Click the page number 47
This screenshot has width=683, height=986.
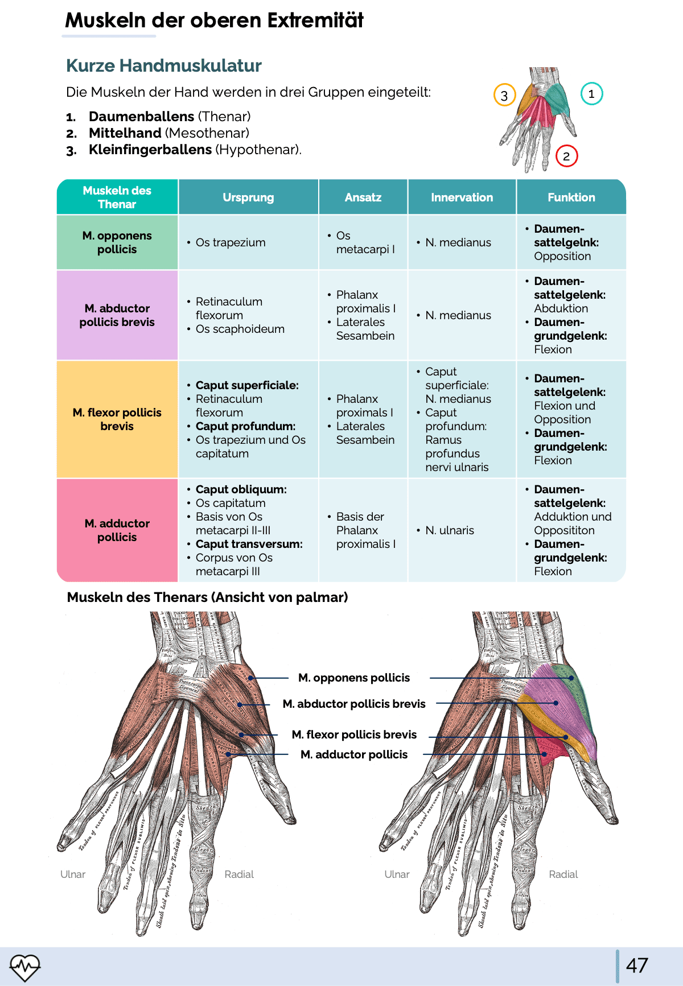[637, 966]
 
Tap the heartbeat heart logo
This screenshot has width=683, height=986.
[25, 967]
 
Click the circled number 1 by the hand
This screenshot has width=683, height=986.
[591, 94]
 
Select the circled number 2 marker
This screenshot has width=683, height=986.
[566, 156]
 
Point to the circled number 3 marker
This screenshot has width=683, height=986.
[504, 96]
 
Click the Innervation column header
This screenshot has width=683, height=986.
[462, 197]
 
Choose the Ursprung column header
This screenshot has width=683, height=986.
[248, 197]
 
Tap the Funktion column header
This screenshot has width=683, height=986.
[571, 197]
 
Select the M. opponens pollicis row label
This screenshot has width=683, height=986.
[117, 242]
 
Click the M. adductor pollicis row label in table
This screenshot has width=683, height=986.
[117, 530]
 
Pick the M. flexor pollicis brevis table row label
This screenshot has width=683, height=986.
[117, 419]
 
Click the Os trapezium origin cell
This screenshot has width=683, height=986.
[231, 242]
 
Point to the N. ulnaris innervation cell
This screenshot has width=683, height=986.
[450, 530]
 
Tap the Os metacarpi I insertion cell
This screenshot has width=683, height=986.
[365, 242]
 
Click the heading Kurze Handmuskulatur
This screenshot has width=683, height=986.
[164, 66]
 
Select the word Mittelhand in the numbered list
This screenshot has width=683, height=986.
[125, 133]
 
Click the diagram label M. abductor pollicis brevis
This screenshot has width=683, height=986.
[354, 704]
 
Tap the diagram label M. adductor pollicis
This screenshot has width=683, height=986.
[354, 754]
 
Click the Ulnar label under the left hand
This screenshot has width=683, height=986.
[73, 874]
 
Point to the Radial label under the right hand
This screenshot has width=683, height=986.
[563, 874]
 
